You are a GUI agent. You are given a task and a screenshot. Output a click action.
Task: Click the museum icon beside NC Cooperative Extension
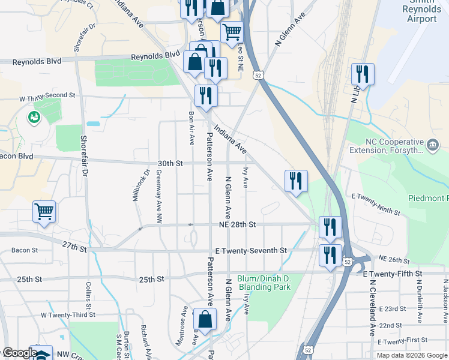(x=432, y=145)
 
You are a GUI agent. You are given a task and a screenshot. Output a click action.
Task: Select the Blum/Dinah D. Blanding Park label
(x=264, y=283)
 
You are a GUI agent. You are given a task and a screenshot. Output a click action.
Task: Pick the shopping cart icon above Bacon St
(x=44, y=211)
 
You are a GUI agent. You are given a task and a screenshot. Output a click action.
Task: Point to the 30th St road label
(x=170, y=163)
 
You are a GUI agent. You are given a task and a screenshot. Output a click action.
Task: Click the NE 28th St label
(x=238, y=224)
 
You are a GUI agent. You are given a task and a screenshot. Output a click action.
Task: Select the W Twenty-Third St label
(x=68, y=314)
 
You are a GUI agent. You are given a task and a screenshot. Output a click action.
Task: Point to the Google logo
(x=19, y=353)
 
